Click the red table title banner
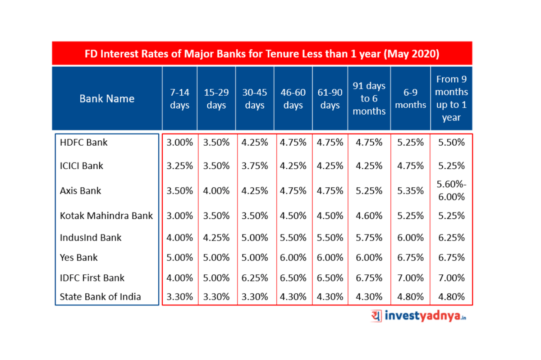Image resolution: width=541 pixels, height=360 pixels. point(262,54)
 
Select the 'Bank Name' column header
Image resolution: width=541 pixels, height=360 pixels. point(107,99)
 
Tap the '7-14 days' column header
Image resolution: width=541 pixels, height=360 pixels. point(180,99)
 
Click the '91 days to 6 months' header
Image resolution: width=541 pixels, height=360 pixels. point(369,99)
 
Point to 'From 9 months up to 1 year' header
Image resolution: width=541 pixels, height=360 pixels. point(451,99)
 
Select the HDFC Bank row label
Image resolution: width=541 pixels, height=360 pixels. point(84,143)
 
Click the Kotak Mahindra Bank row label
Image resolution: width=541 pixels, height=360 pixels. point(106,216)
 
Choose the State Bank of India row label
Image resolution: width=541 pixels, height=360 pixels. point(100,297)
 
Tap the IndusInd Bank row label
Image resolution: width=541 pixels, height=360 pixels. point(91,238)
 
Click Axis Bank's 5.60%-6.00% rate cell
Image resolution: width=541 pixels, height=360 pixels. point(451,191)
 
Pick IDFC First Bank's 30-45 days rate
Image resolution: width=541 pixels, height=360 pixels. point(255,278)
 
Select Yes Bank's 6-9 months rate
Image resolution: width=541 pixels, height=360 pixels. point(410,258)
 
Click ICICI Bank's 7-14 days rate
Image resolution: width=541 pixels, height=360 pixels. point(180,166)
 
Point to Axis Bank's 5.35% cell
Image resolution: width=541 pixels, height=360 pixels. point(410,191)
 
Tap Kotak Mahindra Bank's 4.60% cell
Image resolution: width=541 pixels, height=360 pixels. point(369,216)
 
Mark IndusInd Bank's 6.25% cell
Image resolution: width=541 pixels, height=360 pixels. point(451,238)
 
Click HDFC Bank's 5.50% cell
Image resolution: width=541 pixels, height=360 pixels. point(451,143)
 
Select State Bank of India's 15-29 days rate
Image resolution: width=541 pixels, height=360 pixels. point(216,297)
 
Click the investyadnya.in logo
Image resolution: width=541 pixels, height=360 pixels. point(419,316)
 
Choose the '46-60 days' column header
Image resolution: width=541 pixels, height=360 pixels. point(293,99)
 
